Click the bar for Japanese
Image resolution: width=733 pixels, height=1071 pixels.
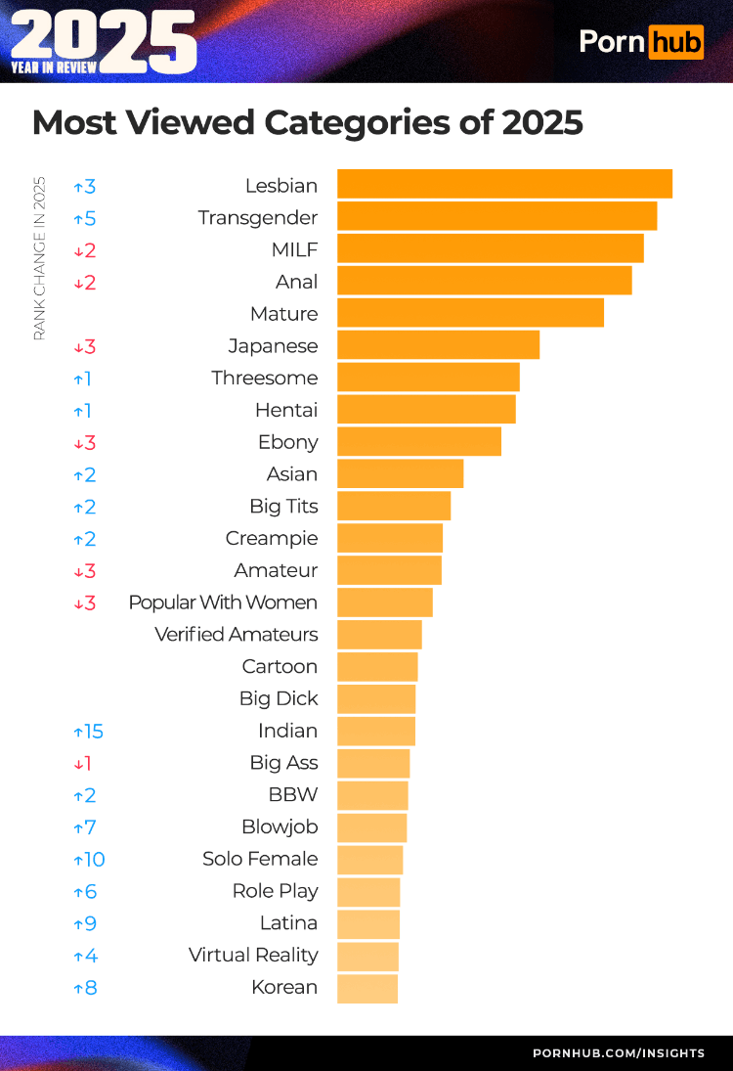tap(438, 345)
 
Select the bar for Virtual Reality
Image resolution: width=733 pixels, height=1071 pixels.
tap(367, 956)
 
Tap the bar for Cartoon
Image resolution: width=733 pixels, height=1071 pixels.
tap(377, 667)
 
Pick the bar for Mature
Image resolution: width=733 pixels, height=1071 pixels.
tap(470, 313)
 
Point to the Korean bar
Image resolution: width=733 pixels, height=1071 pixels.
tap(367, 988)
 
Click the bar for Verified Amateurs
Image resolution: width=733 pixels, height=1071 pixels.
tap(379, 635)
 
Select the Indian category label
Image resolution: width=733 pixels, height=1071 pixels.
tap(287, 731)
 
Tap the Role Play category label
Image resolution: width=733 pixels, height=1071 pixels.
tap(275, 891)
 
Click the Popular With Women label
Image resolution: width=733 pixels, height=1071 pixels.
tap(223, 602)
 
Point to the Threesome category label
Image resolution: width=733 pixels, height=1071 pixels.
tap(264, 378)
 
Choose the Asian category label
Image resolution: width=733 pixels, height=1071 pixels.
tap(291, 474)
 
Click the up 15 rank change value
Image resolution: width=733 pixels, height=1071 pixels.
tap(88, 732)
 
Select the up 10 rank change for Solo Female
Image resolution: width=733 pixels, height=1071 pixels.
tap(88, 860)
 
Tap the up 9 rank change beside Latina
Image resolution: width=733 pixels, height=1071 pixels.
tap(85, 923)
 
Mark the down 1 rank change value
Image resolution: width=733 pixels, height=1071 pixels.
tap(82, 764)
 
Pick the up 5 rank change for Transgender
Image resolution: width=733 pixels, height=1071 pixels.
tap(85, 218)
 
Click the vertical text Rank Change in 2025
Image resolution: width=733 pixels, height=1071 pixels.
tap(40, 258)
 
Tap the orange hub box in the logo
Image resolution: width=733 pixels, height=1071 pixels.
tap(675, 41)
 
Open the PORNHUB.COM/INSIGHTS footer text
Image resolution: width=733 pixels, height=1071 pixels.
tap(618, 1053)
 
